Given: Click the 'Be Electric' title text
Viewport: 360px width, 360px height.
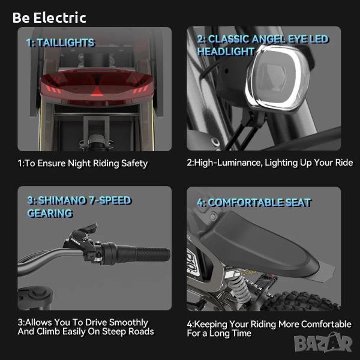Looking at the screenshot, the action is [x=49, y=17].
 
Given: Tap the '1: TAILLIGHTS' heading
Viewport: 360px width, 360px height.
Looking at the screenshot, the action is [x=61, y=43].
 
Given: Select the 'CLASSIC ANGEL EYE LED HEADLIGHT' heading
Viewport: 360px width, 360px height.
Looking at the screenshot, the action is [x=263, y=45].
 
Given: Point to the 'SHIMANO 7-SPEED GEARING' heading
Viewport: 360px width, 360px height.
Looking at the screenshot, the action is [x=79, y=206].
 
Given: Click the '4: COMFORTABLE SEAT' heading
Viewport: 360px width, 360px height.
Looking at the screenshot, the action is [x=254, y=203].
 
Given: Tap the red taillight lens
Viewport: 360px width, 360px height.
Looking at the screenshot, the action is [x=97, y=86].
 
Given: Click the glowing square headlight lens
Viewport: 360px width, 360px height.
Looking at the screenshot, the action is [x=277, y=77].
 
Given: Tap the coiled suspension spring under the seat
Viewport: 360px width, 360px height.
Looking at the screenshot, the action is [x=239, y=288].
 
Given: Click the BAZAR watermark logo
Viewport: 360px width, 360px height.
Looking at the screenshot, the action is [x=323, y=343].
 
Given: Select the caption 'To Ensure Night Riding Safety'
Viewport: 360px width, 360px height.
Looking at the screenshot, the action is [x=86, y=163].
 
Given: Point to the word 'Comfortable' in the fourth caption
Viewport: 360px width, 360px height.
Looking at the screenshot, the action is [x=326, y=324].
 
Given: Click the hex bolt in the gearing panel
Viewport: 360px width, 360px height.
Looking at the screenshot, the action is [x=36, y=293].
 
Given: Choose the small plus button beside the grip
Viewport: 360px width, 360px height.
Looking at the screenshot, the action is [x=92, y=256].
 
